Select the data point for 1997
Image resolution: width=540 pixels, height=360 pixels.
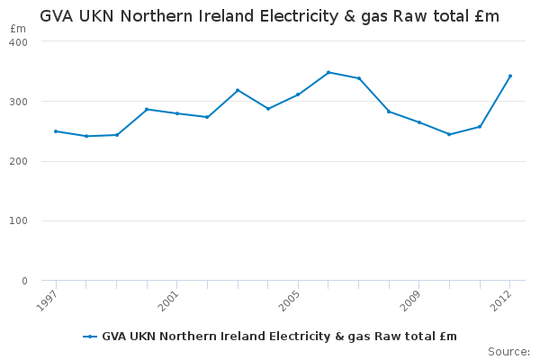pyautogui.click(x=56, y=131)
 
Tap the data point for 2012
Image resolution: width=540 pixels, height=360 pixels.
pyautogui.click(x=510, y=76)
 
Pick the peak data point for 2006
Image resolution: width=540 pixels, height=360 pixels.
pyautogui.click(x=328, y=72)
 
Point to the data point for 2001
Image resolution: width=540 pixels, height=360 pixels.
pyautogui.click(x=177, y=113)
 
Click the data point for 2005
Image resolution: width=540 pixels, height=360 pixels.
pyautogui.click(x=298, y=94)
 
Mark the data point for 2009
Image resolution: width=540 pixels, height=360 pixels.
pyautogui.click(x=419, y=122)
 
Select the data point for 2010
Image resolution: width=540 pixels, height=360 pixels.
pyautogui.click(x=449, y=134)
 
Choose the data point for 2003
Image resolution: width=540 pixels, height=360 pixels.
pyautogui.click(x=238, y=90)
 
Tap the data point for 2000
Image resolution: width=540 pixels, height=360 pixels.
pyautogui.click(x=147, y=109)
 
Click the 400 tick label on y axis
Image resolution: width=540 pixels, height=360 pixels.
pyautogui.click(x=19, y=42)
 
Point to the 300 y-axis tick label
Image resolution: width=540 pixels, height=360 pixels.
pyautogui.click(x=19, y=102)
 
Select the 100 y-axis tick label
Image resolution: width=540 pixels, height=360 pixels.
pyautogui.click(x=19, y=221)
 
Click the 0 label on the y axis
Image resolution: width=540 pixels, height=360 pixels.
pyautogui.click(x=24, y=281)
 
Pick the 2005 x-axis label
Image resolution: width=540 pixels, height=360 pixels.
pyautogui.click(x=290, y=301)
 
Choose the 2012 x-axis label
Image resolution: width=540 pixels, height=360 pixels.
pyautogui.click(x=502, y=301)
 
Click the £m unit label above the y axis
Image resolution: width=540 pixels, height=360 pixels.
pyautogui.click(x=18, y=29)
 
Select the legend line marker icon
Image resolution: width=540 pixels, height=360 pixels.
pyautogui.click(x=90, y=337)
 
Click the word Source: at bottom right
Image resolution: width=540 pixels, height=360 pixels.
pyautogui.click(x=508, y=351)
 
